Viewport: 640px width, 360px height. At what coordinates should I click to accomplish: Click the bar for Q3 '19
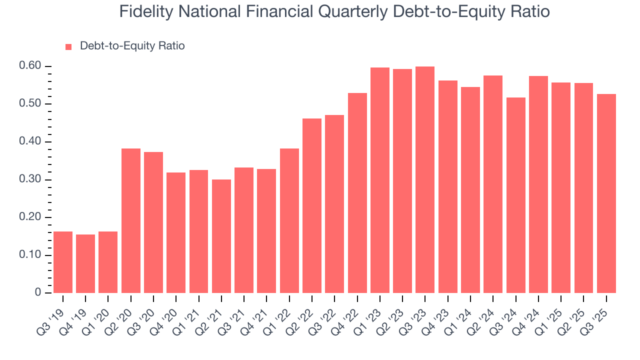63,262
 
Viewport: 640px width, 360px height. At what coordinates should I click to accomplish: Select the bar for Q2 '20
131,220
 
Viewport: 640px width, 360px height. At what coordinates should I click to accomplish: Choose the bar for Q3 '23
425,179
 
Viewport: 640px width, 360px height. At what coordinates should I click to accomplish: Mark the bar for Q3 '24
515,195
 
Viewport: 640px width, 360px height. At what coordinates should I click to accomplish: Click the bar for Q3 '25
606,193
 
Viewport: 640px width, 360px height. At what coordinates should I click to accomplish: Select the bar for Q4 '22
357,193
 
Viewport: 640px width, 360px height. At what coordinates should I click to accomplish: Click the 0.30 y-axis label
29,179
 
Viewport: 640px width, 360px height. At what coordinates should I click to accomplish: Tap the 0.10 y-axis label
29,255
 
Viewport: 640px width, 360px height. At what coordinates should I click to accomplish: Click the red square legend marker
69,46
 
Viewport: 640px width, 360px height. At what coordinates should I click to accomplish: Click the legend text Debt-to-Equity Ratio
132,46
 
